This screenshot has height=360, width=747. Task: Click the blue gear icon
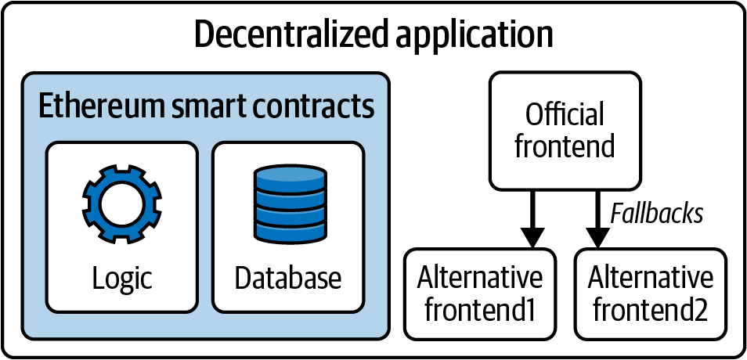(x=121, y=203)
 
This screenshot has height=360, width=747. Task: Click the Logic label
(x=121, y=278)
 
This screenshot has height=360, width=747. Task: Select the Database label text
(x=288, y=278)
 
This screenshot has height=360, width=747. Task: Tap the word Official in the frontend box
(x=565, y=115)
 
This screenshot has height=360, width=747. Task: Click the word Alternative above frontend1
(x=479, y=278)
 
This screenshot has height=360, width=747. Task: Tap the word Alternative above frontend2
(x=651, y=278)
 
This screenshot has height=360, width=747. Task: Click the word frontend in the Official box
(x=565, y=146)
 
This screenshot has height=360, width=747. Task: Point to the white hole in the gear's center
(x=121, y=203)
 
